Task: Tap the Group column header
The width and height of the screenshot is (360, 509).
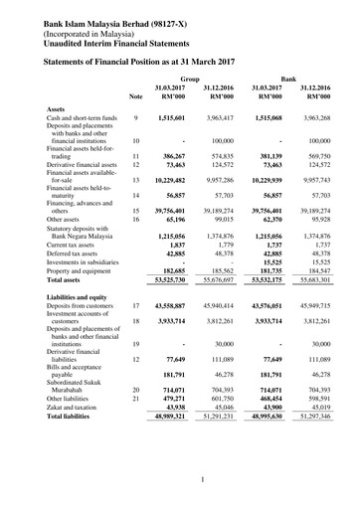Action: coord(189,77)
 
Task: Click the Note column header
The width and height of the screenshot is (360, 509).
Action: coord(135,96)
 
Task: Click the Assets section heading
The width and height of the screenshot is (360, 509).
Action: coord(57,108)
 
